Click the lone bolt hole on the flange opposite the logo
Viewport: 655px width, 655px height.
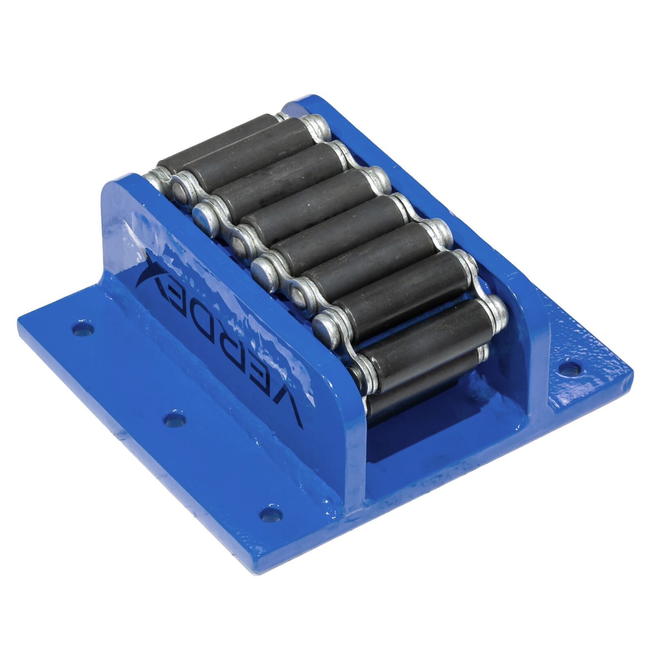click(x=567, y=364)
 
